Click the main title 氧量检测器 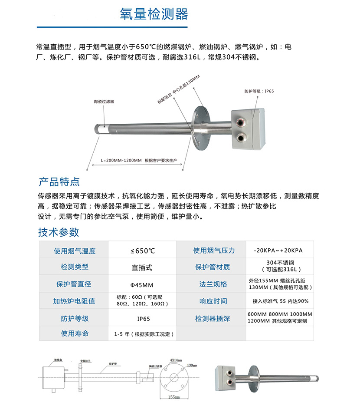(154, 14)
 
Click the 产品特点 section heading (59, 181)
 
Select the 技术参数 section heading (59, 232)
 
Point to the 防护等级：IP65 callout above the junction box (259, 91)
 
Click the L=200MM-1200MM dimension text (121, 160)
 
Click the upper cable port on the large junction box (240, 119)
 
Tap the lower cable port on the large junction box (240, 137)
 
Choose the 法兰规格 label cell (213, 284)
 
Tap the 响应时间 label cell (213, 301)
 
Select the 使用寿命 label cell (74, 333)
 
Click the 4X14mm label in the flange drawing (176, 360)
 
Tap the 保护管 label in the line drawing (113, 363)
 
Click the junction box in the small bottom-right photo (228, 376)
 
